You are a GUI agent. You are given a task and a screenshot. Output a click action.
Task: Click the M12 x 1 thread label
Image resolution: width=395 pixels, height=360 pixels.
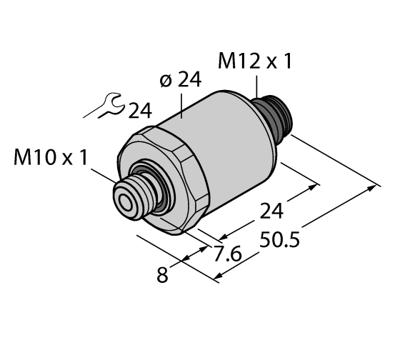(x=256, y=62)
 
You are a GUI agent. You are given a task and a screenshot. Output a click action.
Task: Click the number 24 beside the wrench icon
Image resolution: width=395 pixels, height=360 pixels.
(x=141, y=110)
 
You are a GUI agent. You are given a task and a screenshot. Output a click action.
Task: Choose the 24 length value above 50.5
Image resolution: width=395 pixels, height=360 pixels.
(x=271, y=211)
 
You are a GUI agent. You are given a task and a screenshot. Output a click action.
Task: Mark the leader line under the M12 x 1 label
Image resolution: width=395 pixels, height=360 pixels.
(x=256, y=86)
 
